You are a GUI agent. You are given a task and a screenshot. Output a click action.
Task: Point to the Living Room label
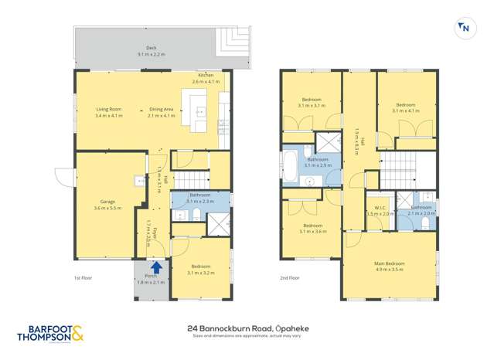tap(108, 113)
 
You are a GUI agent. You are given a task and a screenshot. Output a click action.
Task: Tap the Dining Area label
tap(162, 113)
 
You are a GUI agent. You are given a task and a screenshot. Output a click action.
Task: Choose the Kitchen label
tap(206, 77)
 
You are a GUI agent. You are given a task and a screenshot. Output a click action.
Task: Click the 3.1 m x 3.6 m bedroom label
tap(312, 229)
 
